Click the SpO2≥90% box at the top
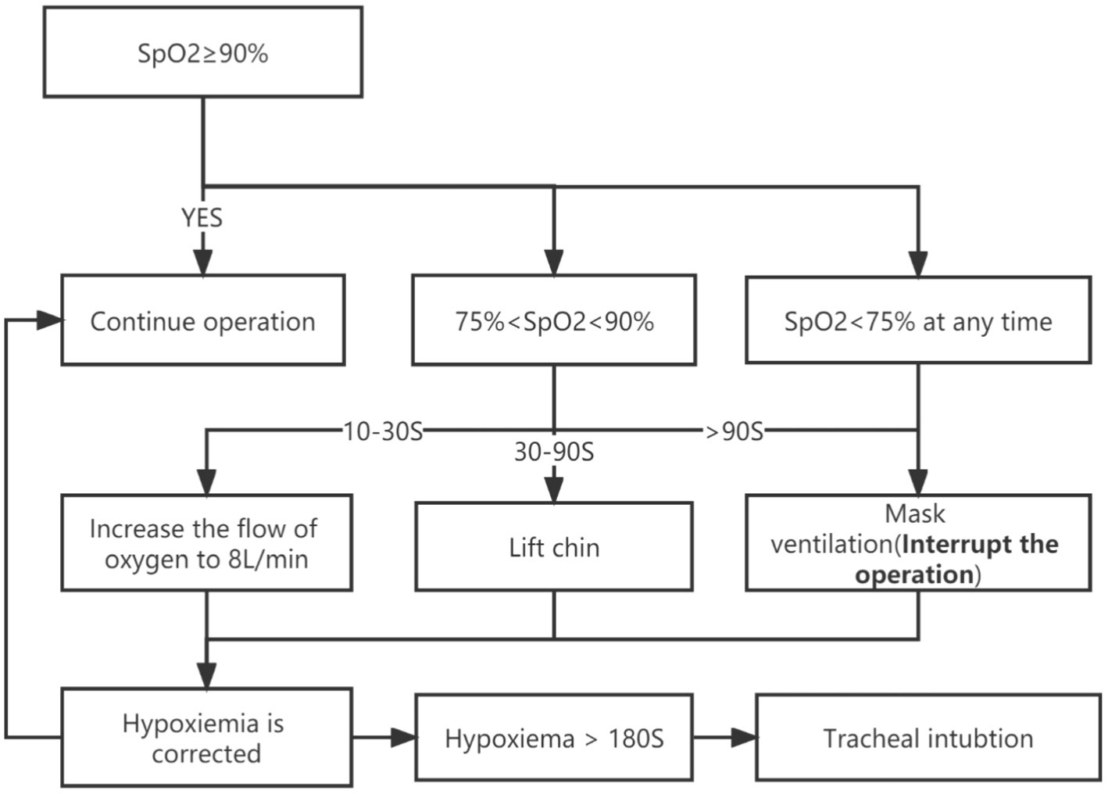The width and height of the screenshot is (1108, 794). [202, 52]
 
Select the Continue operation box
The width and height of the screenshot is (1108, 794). [202, 320]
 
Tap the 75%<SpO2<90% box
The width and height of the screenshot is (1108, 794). [553, 320]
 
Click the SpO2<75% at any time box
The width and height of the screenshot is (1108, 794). [917, 320]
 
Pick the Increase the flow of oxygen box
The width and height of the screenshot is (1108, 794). [206, 542]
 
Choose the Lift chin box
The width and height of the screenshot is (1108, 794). [553, 546]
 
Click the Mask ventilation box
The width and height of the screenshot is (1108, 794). [917, 542]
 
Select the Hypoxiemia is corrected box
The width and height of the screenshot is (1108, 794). [206, 737]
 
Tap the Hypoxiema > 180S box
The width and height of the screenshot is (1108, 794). [553, 737]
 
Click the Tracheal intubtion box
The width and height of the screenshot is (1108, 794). [928, 737]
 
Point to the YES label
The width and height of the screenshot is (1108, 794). [202, 218]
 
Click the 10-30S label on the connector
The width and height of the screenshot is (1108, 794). [383, 431]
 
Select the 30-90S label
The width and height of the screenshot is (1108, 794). [553, 451]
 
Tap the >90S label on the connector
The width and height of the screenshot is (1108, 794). [734, 431]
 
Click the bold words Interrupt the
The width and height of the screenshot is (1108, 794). [980, 544]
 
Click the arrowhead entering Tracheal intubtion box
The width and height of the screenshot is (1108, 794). [744, 737]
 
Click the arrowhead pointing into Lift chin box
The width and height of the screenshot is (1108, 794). [553, 490]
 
